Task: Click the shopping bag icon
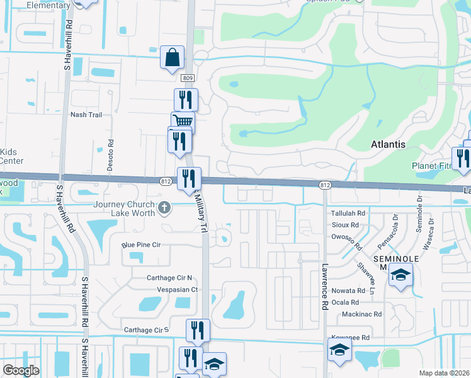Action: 173,58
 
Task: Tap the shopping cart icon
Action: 183,122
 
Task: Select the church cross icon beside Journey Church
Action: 165,207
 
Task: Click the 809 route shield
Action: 188,78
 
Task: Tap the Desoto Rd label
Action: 111,151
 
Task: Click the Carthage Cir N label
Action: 152,278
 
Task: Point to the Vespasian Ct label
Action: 178,290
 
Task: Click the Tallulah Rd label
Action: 348,214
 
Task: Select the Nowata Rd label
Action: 348,290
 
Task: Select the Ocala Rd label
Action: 346,302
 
